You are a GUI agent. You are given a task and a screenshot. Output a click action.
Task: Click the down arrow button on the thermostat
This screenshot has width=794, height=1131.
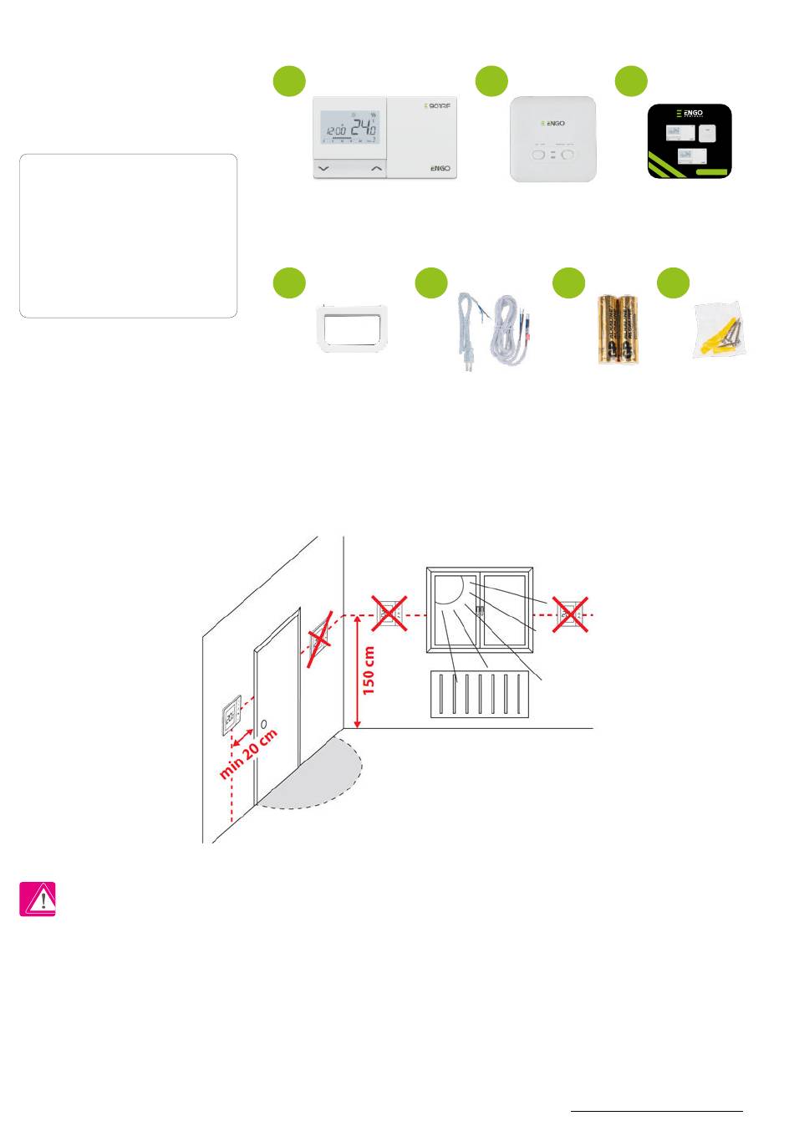(324, 169)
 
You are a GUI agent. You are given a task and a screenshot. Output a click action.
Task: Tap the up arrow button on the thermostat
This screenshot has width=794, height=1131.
(376, 169)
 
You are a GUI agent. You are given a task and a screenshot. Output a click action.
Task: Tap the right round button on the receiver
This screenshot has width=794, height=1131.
(571, 155)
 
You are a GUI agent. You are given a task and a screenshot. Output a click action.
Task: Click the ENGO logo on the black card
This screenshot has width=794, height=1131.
(690, 114)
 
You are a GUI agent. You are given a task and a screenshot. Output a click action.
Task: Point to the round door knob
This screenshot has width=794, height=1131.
(263, 724)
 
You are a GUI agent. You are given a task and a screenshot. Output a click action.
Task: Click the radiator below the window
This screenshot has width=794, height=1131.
(479, 694)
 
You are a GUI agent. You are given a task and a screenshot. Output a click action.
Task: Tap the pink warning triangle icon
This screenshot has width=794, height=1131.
(38, 899)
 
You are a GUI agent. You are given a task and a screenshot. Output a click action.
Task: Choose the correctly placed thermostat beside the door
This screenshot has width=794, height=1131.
(231, 716)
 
